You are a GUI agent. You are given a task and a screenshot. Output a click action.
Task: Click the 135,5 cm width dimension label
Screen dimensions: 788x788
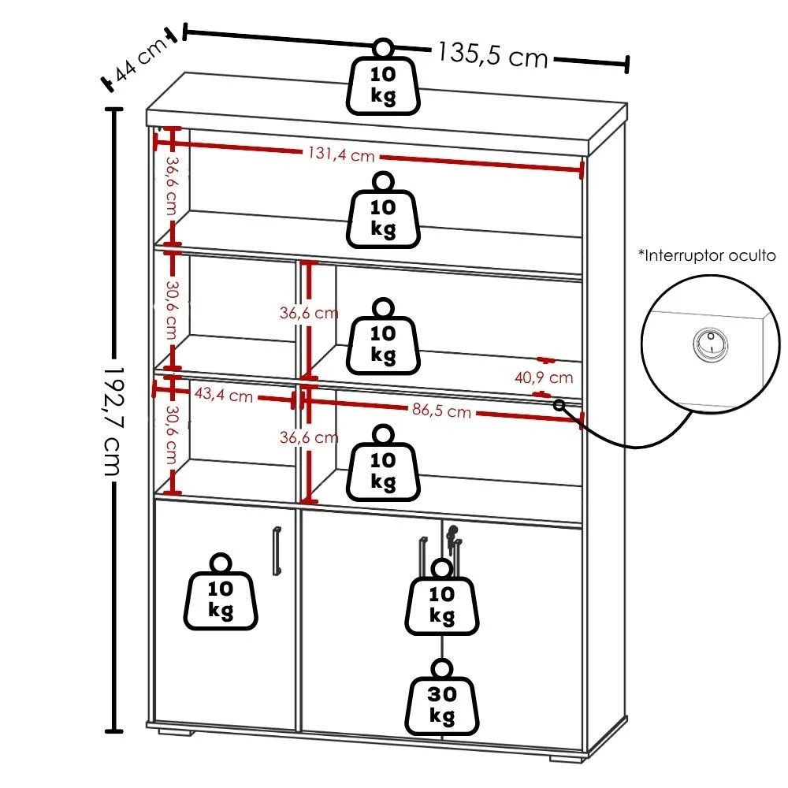click(492, 54)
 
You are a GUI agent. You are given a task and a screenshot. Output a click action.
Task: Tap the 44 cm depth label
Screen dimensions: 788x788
click(141, 59)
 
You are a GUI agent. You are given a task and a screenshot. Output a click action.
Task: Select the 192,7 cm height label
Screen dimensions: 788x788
click(113, 420)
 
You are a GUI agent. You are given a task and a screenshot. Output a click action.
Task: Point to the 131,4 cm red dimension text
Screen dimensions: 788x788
click(342, 154)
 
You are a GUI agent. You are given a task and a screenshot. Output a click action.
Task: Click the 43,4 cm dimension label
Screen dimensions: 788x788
click(224, 395)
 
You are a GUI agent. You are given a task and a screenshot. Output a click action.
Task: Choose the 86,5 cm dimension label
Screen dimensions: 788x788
click(442, 411)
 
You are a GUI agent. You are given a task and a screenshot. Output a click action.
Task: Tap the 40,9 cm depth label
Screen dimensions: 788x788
click(544, 377)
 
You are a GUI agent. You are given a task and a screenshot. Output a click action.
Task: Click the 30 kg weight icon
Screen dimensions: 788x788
click(442, 697)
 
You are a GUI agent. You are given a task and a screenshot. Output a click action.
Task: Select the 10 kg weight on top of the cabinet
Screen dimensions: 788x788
click(383, 77)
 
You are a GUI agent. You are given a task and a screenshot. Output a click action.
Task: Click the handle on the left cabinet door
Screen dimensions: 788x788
click(277, 550)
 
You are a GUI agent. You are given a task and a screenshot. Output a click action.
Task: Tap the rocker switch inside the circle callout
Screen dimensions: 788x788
click(711, 344)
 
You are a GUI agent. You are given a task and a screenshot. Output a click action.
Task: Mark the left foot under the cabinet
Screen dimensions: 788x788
click(176, 731)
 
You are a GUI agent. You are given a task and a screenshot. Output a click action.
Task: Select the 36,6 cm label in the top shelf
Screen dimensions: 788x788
click(172, 186)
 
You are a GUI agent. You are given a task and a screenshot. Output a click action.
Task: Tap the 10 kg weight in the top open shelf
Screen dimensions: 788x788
click(383, 210)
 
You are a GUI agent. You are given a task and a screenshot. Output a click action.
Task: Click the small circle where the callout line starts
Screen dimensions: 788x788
click(559, 404)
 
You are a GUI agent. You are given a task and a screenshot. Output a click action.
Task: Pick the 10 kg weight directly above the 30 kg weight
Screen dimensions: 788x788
click(442, 597)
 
